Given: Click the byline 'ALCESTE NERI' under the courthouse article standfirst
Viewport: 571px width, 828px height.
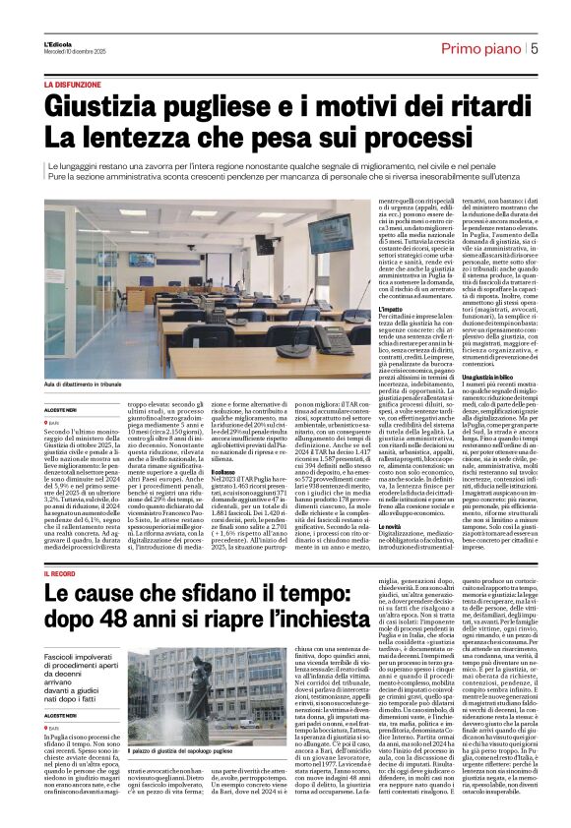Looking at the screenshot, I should point(61,716).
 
